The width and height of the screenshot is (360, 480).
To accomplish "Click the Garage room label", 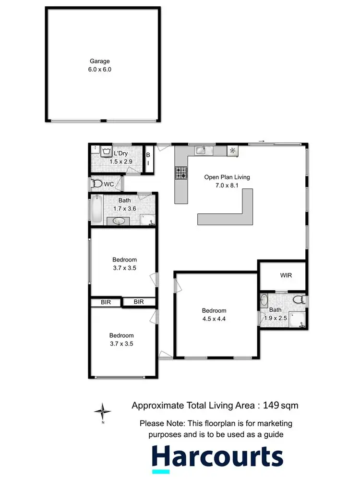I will pyautogui.click(x=100, y=61).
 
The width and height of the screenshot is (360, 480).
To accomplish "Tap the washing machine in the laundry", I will pyautogui.click(x=107, y=151).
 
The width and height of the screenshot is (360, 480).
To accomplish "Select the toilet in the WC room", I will pyautogui.click(x=97, y=184).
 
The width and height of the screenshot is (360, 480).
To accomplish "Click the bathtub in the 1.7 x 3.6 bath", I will pyautogui.click(x=96, y=209).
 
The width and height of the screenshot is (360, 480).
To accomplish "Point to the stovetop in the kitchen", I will pyautogui.click(x=181, y=172).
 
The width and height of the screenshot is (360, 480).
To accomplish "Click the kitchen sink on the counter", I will pyautogui.click(x=201, y=151).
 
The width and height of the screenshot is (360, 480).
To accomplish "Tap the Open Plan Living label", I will pyautogui.click(x=227, y=177).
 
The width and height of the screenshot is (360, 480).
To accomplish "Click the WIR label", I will pyautogui.click(x=286, y=275).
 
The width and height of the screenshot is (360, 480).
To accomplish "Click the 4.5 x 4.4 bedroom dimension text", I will pyautogui.click(x=214, y=318).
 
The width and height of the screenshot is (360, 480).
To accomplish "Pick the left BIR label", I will pyautogui.click(x=105, y=302).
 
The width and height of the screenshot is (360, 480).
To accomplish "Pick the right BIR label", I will pyautogui.click(x=139, y=302).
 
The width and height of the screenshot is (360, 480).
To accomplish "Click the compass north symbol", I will pyautogui.click(x=102, y=412).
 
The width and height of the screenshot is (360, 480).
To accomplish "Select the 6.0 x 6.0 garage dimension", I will pyautogui.click(x=100, y=69).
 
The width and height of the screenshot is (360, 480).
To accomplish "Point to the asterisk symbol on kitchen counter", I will pyautogui.click(x=233, y=151).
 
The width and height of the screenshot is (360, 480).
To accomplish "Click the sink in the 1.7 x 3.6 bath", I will pyautogui.click(x=119, y=221).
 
